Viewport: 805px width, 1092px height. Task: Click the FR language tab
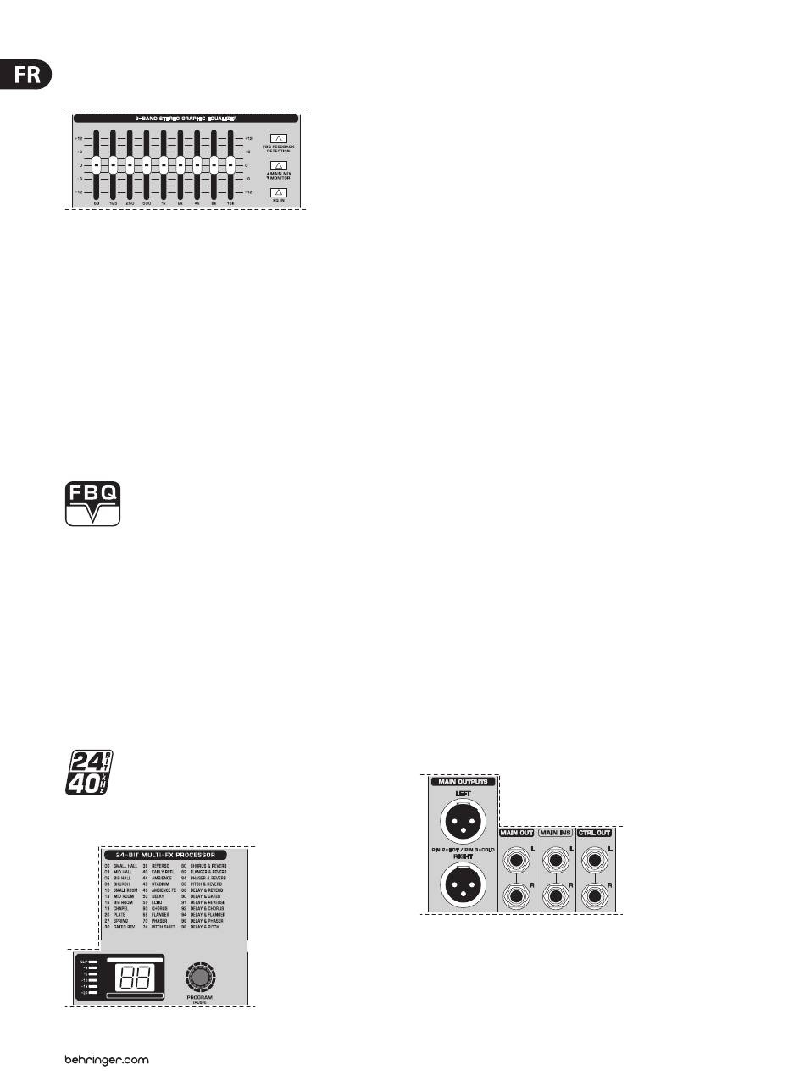(25, 75)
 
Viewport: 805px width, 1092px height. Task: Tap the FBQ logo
(93, 503)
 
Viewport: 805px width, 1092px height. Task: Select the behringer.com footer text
(107, 1060)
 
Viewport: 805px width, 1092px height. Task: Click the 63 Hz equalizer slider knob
(97, 164)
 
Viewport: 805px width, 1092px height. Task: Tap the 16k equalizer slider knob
(230, 164)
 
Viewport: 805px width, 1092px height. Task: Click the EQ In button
(279, 192)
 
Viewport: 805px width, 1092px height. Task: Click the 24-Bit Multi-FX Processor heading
(172, 855)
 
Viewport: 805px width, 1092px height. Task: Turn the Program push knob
(200, 977)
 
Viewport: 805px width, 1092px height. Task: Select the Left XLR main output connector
(462, 819)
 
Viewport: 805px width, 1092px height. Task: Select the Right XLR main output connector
(462, 885)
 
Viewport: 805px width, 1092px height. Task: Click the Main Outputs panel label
(462, 782)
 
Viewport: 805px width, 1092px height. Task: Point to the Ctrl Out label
(595, 833)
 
